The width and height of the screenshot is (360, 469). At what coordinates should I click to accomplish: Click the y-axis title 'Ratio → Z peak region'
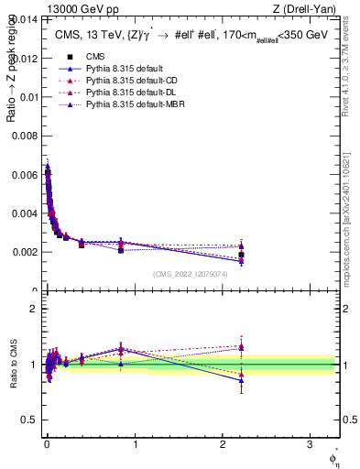[11, 82]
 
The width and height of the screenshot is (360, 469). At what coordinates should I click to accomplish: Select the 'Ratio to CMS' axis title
[11, 365]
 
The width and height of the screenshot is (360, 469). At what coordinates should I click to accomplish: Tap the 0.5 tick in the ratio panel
[31, 420]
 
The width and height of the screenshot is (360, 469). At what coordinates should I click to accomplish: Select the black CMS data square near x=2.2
[241, 255]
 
